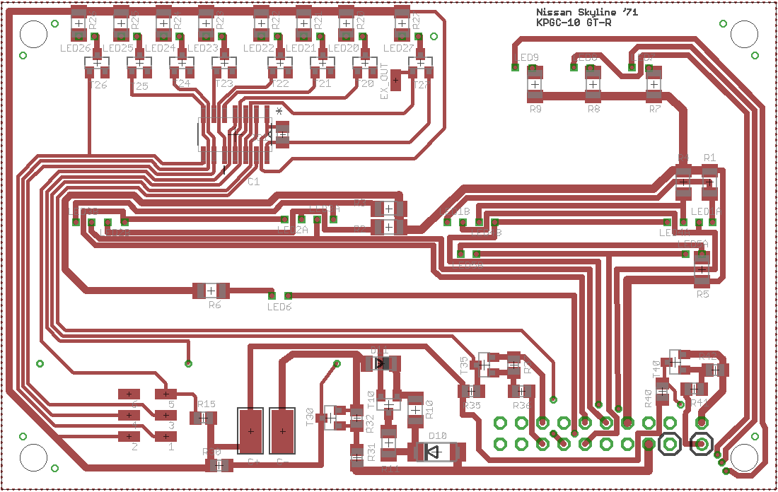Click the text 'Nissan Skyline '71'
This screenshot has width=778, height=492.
click(577, 13)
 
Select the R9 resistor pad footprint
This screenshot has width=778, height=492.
click(535, 84)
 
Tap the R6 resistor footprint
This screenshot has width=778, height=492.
click(211, 290)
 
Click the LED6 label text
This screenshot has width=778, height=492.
click(279, 307)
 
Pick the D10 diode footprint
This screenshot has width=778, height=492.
click(434, 451)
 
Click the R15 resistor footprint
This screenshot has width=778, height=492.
click(204, 418)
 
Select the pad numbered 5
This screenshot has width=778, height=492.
click(167, 394)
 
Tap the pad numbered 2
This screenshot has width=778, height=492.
click(129, 435)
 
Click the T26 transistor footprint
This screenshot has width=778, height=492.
click(98, 68)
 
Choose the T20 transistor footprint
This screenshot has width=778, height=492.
click(365, 68)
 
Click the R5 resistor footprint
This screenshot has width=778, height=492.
click(702, 270)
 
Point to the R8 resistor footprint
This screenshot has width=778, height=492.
click(593, 84)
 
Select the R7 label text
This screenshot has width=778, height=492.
click(654, 110)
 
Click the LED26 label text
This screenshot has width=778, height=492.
click(76, 48)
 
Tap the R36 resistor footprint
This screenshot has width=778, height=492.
click(522, 391)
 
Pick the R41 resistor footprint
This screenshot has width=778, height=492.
click(695, 389)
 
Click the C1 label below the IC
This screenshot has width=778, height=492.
click(253, 182)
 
